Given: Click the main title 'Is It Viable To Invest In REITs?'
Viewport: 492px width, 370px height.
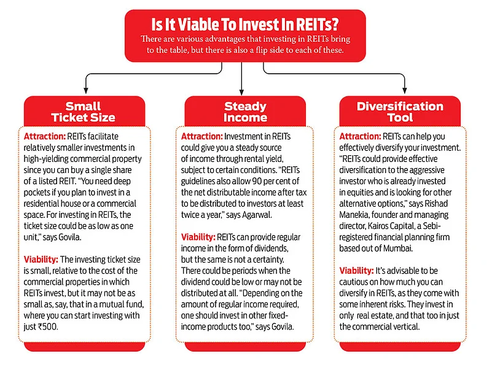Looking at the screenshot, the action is pyautogui.click(x=245, y=25).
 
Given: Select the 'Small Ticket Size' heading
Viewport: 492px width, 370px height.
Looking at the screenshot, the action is pyautogui.click(x=83, y=112).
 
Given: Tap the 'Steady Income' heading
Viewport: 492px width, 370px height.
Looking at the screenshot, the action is pyautogui.click(x=245, y=112).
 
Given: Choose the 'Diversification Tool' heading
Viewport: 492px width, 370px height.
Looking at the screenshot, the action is pyautogui.click(x=400, y=112).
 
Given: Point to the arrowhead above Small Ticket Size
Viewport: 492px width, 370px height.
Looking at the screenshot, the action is pyautogui.click(x=85, y=90).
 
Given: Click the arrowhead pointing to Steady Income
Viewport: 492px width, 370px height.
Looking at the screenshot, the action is pyautogui.click(x=241, y=91).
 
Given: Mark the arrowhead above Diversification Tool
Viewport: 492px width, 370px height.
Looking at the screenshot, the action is pyautogui.click(x=404, y=90).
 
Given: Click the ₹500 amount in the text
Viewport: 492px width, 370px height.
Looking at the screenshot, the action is pyautogui.click(x=48, y=326).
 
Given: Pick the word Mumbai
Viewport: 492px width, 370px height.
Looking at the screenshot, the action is pyautogui.click(x=397, y=249).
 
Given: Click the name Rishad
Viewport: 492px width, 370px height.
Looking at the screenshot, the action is pyautogui.click(x=436, y=204).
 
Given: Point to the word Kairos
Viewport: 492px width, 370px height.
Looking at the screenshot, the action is pyautogui.click(x=378, y=226).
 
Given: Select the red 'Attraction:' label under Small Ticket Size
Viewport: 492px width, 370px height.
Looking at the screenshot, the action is pyautogui.click(x=44, y=136).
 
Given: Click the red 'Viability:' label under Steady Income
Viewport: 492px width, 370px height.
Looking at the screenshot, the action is pyautogui.click(x=198, y=237).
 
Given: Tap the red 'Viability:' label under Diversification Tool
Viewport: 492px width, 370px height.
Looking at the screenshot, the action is pyautogui.click(x=356, y=271).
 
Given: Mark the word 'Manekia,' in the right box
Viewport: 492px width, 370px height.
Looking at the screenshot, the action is pyautogui.click(x=354, y=215).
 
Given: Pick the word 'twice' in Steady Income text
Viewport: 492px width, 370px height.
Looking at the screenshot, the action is pyautogui.click(x=190, y=215).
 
